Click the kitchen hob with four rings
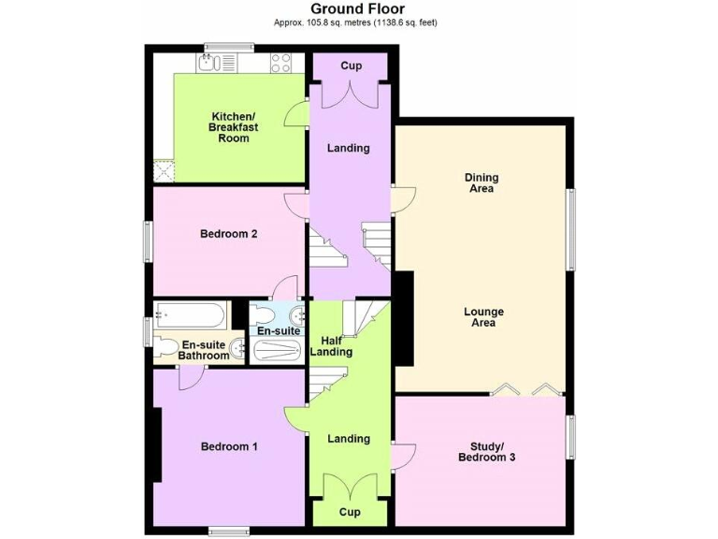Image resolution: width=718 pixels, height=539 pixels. point(282,63)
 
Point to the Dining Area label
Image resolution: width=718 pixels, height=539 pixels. point(481,182)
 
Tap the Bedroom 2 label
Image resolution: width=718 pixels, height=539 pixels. point(228,234)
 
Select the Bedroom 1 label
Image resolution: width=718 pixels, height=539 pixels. point(229,446)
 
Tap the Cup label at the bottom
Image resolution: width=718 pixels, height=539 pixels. point(350,512)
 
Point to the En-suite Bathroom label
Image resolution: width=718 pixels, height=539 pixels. point(205,350)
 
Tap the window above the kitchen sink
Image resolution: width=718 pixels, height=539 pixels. point(230,46)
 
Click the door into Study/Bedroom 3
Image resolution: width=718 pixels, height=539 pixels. point(404,456)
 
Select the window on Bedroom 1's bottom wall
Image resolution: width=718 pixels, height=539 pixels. point(229,532)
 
